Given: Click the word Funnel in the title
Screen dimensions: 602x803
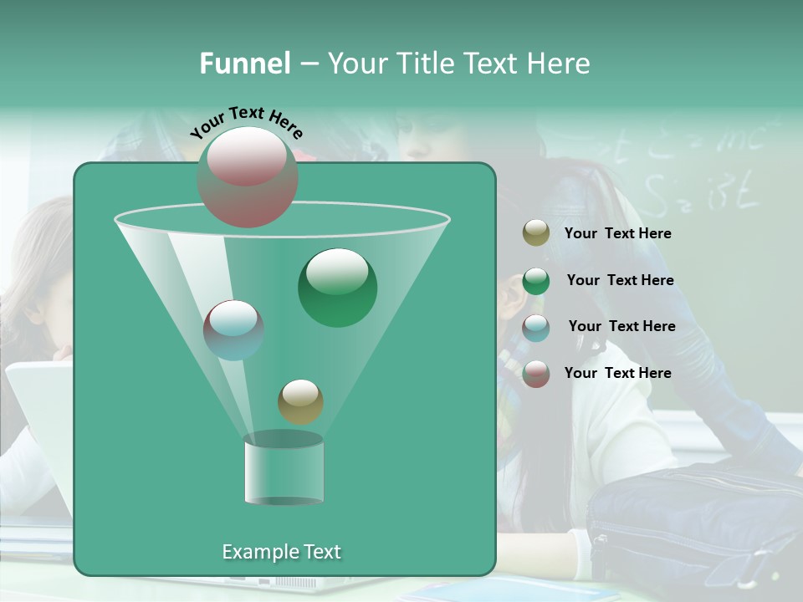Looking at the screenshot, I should pyautogui.click(x=244, y=64).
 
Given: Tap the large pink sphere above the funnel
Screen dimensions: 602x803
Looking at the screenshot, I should pyautogui.click(x=247, y=176).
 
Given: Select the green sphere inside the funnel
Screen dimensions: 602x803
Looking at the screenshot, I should pyautogui.click(x=337, y=287).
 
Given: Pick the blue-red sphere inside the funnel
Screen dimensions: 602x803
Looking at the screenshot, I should pyautogui.click(x=233, y=329).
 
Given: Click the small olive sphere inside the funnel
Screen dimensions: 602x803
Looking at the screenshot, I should pyautogui.click(x=300, y=401).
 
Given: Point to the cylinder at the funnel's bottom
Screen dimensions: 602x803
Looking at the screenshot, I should pyautogui.click(x=284, y=470).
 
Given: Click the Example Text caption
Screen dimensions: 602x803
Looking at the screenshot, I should pyautogui.click(x=281, y=552).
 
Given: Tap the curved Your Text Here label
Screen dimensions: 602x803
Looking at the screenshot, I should pyautogui.click(x=246, y=122).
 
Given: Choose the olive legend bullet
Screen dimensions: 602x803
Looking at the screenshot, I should pyautogui.click(x=536, y=233).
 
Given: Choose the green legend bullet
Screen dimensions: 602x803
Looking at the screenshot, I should pyautogui.click(x=536, y=281).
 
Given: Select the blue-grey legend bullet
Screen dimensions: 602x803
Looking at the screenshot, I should pyautogui.click(x=536, y=327).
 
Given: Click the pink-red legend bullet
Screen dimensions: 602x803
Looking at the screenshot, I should pyautogui.click(x=536, y=374).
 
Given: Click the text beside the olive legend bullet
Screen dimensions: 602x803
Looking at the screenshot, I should pyautogui.click(x=617, y=234).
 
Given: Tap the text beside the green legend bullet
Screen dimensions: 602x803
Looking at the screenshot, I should pyautogui.click(x=620, y=281).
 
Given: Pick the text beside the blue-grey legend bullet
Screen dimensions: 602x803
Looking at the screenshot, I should pyautogui.click(x=621, y=327).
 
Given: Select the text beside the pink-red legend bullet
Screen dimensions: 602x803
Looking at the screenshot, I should pyautogui.click(x=617, y=373).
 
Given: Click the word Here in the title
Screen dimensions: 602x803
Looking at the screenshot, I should pyautogui.click(x=556, y=64).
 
